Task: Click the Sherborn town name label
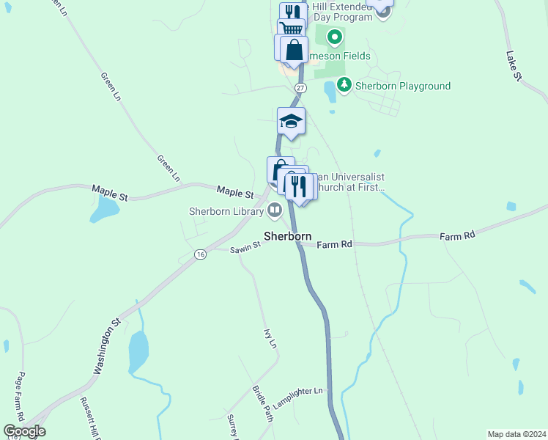[x=287, y=237]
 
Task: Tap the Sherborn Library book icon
[x=275, y=211]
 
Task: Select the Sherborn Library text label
[x=226, y=212]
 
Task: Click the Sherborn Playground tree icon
[x=345, y=86]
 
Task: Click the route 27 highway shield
[x=299, y=87]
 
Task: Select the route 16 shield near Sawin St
[x=200, y=254]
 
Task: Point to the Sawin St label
[x=245, y=248]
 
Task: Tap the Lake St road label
[x=514, y=66]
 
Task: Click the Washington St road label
[x=106, y=345]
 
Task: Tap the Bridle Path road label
[x=262, y=403]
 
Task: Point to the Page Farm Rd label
[x=21, y=397]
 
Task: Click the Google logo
[x=24, y=431]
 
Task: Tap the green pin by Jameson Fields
[x=335, y=36]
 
